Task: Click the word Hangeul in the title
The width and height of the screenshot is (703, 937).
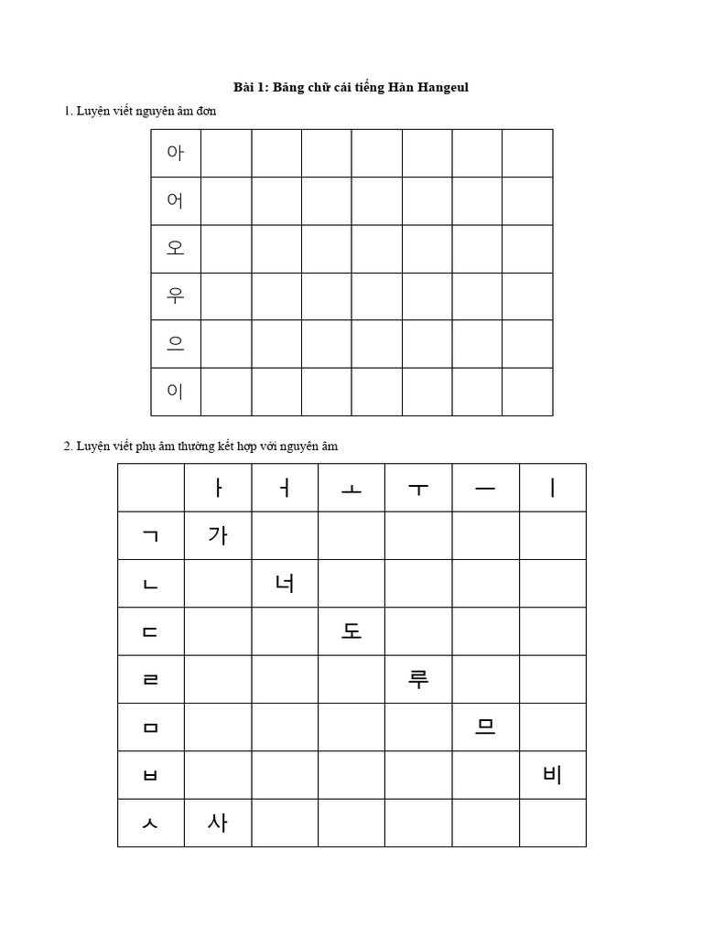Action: pyautogui.click(x=443, y=88)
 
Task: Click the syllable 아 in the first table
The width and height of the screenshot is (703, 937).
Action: pyautogui.click(x=176, y=153)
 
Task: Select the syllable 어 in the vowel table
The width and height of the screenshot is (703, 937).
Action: pyautogui.click(x=176, y=200)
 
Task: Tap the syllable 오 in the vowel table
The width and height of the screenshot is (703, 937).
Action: pyautogui.click(x=176, y=248)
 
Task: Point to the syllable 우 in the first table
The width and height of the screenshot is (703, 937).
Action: pyautogui.click(x=176, y=296)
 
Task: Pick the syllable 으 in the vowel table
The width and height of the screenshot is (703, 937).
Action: pyautogui.click(x=176, y=344)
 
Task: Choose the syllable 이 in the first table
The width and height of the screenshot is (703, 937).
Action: pyautogui.click(x=176, y=392)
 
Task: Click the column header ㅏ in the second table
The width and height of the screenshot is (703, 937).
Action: pyautogui.click(x=218, y=488)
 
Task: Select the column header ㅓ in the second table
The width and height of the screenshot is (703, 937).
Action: pyautogui.click(x=285, y=488)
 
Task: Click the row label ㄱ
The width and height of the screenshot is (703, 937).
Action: pyautogui.click(x=151, y=536)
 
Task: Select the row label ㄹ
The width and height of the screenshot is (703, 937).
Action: pyautogui.click(x=151, y=680)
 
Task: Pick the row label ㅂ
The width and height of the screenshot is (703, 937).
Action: pyautogui.click(x=151, y=775)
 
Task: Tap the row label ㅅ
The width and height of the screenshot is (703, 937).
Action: pyautogui.click(x=151, y=824)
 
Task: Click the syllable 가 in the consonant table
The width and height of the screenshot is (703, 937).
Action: pyautogui.click(x=218, y=535)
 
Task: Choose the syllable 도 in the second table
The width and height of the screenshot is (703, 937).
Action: pyautogui.click(x=351, y=631)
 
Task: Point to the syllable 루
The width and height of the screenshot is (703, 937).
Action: pyautogui.click(x=418, y=679)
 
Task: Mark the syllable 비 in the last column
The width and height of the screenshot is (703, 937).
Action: pyautogui.click(x=552, y=775)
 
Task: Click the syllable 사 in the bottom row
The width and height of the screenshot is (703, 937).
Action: pyautogui.click(x=218, y=823)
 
